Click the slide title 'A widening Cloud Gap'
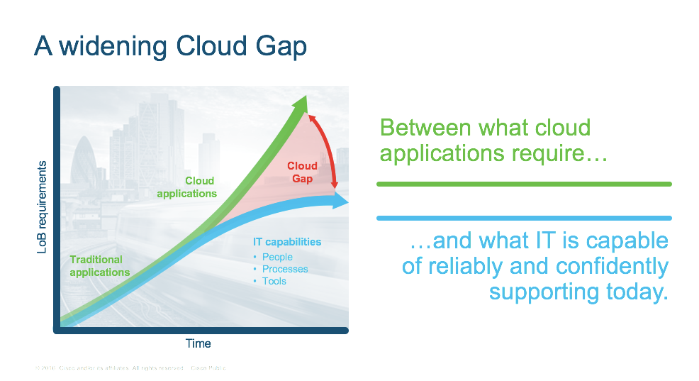pos(170,47)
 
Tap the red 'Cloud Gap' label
pos(302,172)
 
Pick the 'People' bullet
pos(277,257)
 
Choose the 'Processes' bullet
pos(285,269)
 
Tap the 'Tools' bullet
pos(274,281)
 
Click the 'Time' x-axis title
pos(198,343)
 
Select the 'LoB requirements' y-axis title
pos(41,206)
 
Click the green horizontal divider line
pos(523,184)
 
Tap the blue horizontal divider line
pos(523,218)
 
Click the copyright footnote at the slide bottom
pos(130,368)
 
